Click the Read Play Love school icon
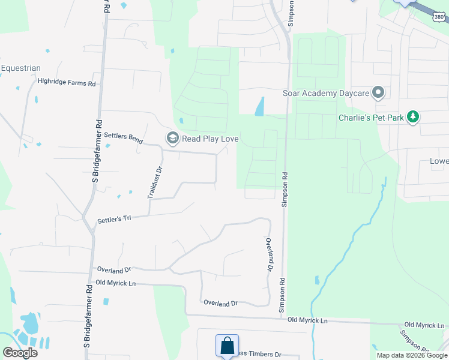(x=173, y=139)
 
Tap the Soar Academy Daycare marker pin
(x=378, y=93)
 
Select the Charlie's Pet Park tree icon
(x=413, y=118)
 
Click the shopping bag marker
(x=228, y=346)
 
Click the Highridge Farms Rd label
(x=67, y=83)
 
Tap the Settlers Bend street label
(x=123, y=137)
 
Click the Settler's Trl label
(x=114, y=221)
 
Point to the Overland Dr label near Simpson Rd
(x=269, y=253)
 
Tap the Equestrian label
(x=20, y=68)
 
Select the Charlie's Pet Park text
(x=371, y=118)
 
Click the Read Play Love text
(x=211, y=139)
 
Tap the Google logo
(x=20, y=353)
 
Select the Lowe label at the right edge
(x=439, y=161)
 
